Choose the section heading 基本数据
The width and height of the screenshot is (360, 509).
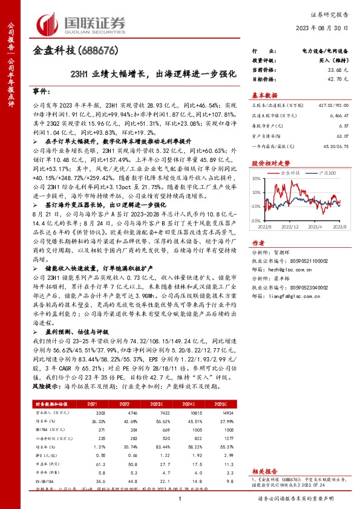tap(264, 96)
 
